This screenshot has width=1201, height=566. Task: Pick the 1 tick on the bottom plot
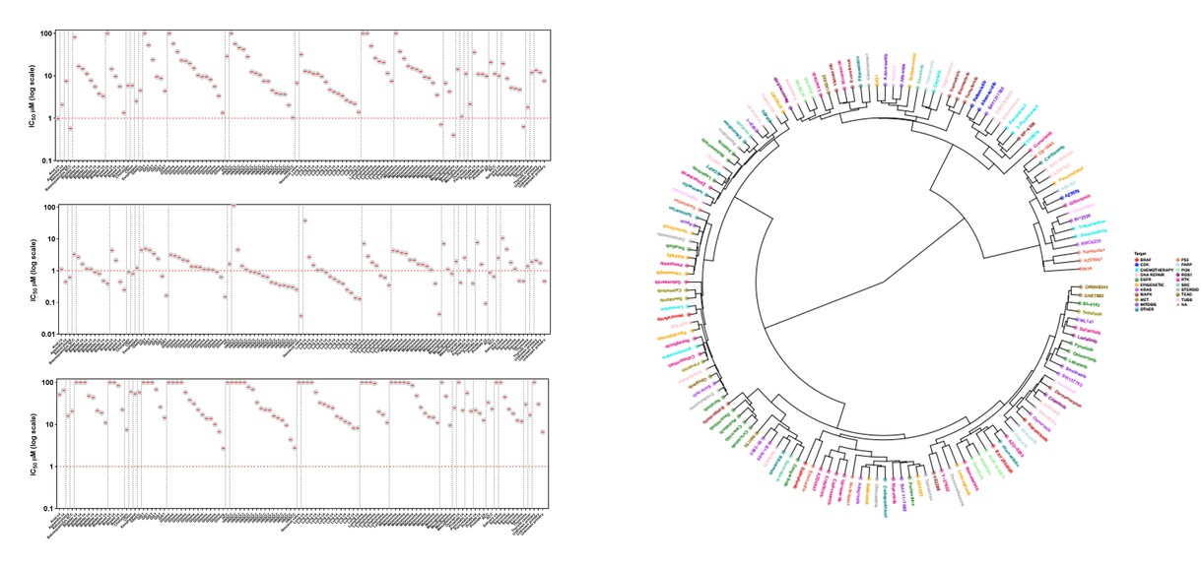50,467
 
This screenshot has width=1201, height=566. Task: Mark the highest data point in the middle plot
233,206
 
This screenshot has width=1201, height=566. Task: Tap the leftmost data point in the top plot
58,118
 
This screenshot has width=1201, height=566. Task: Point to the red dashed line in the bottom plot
296,467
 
